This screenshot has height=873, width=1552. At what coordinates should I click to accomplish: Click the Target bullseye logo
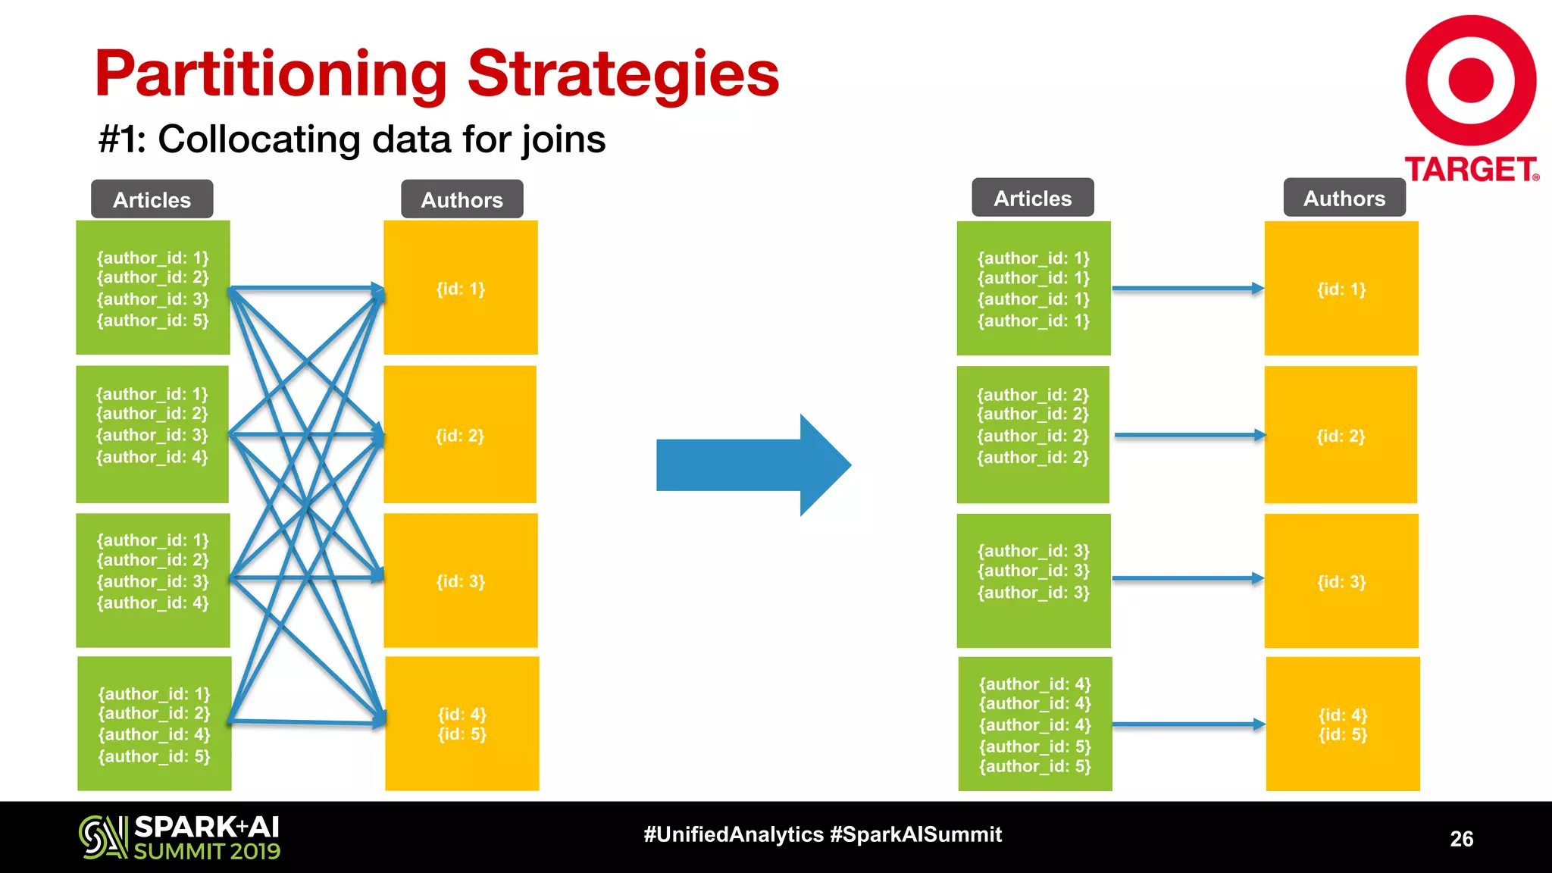[1471, 80]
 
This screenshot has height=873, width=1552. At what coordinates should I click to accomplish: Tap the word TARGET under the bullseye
[1470, 170]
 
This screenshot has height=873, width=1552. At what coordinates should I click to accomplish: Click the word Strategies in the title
[623, 74]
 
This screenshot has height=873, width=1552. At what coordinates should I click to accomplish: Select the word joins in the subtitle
[563, 139]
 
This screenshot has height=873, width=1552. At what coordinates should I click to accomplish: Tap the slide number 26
[1461, 838]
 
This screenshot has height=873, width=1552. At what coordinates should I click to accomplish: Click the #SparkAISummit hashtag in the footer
[915, 834]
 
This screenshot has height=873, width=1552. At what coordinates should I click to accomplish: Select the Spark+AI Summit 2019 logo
[180, 837]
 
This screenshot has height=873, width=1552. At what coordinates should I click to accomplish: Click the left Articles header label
[152, 199]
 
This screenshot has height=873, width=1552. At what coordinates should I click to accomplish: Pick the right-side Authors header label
[1344, 198]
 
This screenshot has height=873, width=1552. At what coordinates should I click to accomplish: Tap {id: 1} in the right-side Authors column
[1341, 289]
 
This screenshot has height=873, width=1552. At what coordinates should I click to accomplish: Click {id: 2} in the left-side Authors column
[459, 435]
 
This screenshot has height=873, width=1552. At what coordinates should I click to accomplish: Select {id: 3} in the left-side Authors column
[460, 581]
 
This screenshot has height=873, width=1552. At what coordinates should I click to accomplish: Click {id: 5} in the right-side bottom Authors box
[1342, 734]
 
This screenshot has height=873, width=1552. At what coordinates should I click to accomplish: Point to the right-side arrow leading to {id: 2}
[1188, 435]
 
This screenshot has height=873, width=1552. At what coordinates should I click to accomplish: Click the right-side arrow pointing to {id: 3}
[1187, 578]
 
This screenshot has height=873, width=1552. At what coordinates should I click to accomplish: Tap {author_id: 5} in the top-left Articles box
[152, 321]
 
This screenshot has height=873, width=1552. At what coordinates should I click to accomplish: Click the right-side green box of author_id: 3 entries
[1033, 580]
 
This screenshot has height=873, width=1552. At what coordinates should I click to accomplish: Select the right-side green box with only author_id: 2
[1032, 434]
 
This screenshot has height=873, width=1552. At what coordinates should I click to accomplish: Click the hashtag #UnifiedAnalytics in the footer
[733, 834]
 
